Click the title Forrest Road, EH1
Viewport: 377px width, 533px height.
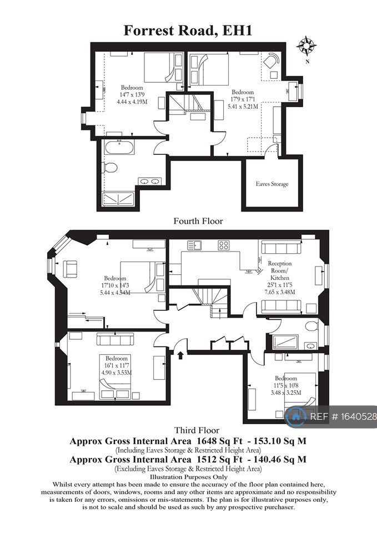click(x=188, y=30)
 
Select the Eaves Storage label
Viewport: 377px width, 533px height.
click(x=272, y=184)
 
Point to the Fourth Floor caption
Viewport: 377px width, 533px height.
click(x=198, y=221)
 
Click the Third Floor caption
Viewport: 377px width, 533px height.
click(x=197, y=430)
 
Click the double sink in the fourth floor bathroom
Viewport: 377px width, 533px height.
click(x=149, y=181)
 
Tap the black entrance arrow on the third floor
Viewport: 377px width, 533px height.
click(x=180, y=351)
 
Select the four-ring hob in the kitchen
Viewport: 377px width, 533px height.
click(x=224, y=245)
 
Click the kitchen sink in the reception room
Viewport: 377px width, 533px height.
click(x=194, y=244)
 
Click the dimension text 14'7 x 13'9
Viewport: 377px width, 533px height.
click(x=132, y=95)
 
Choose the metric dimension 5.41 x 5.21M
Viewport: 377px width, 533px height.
click(x=243, y=107)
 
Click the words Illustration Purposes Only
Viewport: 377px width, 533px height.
click(x=188, y=477)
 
